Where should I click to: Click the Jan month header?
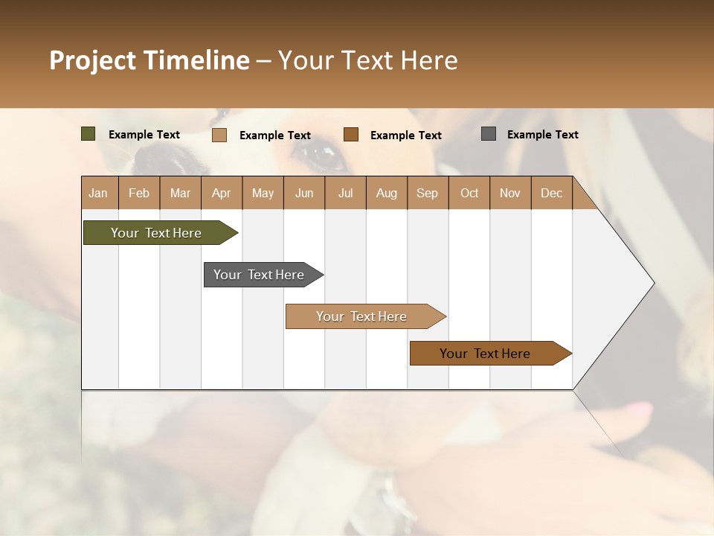tap(98, 193)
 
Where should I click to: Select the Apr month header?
tap(221, 193)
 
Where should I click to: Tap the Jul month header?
tap(345, 193)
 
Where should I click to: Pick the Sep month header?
tap(427, 193)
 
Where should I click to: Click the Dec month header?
tap(551, 193)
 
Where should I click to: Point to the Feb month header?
tap(139, 193)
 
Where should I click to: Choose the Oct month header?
tap(469, 193)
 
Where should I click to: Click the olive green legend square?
tap(88, 134)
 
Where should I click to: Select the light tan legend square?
tap(219, 135)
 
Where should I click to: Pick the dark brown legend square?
tap(351, 135)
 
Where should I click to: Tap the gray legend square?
tap(489, 134)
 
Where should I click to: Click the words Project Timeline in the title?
tap(149, 60)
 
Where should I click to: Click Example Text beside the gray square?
tap(542, 135)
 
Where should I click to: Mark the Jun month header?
tap(304, 193)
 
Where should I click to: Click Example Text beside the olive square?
tap(144, 135)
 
